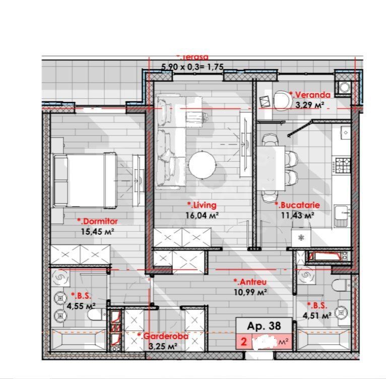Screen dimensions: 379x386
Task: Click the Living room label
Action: click(202, 205)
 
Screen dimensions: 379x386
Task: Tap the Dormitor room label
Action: click(97, 221)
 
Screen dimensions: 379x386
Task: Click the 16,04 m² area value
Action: click(203, 214)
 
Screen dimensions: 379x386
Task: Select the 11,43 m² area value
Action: click(297, 215)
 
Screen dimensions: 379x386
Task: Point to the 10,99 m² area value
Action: click(250, 291)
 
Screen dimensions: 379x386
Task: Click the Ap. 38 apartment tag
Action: click(264, 326)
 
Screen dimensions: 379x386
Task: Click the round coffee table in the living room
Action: click(203, 164)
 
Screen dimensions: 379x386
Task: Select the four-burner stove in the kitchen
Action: click(344, 164)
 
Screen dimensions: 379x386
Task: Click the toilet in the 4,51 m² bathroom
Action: click(342, 286)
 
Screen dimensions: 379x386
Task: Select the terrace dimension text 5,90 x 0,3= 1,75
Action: click(192, 66)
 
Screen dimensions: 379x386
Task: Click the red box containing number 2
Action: click(244, 342)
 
